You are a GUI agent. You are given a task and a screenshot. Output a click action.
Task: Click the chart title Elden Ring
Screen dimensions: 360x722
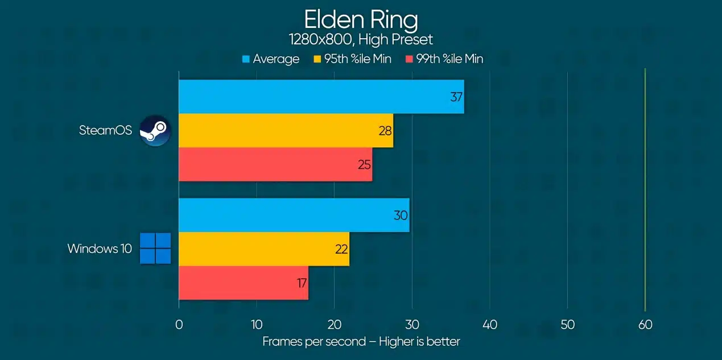point(361,20)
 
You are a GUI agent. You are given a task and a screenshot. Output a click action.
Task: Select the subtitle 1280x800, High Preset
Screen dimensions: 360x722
point(361,39)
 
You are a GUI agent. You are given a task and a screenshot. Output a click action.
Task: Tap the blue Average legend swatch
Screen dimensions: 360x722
point(246,59)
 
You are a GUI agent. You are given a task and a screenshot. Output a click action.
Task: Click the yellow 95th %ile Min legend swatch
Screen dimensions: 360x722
point(317,59)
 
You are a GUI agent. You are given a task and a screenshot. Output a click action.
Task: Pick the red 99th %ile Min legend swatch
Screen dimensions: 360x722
point(409,59)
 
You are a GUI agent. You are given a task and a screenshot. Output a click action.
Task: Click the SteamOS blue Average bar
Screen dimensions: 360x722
point(321,97)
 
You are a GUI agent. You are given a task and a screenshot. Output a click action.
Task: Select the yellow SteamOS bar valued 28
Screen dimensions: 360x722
point(286,131)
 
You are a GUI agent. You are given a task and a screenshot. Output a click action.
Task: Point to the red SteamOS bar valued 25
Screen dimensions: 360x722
point(275,164)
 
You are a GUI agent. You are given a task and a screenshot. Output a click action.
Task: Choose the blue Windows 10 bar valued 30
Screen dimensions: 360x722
point(294,215)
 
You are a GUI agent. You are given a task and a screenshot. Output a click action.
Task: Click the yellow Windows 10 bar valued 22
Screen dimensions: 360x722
point(264,249)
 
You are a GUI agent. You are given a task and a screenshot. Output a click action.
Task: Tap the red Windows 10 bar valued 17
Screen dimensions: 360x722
point(244,283)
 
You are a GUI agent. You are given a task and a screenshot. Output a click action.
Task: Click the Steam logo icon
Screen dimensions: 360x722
point(155,131)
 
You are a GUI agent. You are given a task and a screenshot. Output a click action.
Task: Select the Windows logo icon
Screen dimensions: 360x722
point(155,249)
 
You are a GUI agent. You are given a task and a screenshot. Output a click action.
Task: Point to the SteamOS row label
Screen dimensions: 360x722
point(106,131)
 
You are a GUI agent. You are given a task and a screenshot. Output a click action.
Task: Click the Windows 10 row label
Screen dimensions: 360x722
point(100,249)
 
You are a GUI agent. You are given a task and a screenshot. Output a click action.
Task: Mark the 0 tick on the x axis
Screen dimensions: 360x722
point(179,325)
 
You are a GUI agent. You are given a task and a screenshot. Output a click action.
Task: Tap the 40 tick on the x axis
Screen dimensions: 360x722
point(489,325)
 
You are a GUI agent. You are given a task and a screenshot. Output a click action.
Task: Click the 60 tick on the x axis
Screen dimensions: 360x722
point(645,325)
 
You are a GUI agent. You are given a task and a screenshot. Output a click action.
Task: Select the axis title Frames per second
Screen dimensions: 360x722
point(361,342)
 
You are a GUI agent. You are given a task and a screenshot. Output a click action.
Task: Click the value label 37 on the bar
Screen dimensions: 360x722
point(456,97)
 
